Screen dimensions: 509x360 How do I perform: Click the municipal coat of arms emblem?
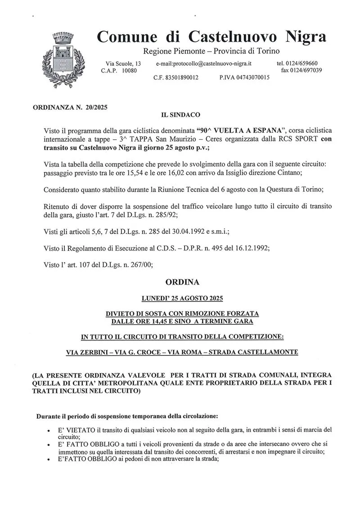[63, 58]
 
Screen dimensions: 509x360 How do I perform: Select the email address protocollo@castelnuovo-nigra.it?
[204, 64]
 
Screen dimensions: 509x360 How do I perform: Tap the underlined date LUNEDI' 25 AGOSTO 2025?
[182, 298]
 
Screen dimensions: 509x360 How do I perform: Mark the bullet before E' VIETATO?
[48, 430]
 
